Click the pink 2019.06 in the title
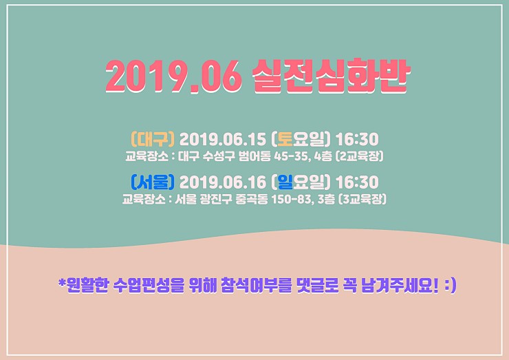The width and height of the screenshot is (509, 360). [x=173, y=76]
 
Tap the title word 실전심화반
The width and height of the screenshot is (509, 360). [x=332, y=76]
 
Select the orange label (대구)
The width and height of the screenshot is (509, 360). [x=153, y=139]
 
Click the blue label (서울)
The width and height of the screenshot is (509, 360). [x=153, y=182]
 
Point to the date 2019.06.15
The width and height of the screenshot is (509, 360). [x=223, y=139]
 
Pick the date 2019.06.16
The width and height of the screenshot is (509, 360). [x=223, y=182]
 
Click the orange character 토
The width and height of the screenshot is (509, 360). [x=285, y=139]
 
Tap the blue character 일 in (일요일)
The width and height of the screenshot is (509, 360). [x=285, y=182]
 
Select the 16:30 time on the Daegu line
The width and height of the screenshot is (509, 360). [x=357, y=139]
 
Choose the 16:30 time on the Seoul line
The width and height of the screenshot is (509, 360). [x=357, y=182]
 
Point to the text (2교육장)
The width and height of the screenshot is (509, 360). [x=360, y=156]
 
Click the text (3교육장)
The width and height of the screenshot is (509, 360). [x=362, y=199]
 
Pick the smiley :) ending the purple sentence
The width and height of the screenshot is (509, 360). [x=451, y=285]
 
